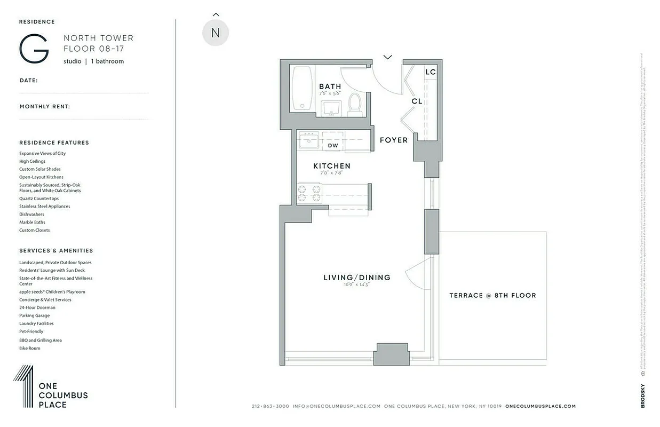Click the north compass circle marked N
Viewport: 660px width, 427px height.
point(216,33)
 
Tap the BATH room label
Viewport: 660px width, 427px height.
point(330,86)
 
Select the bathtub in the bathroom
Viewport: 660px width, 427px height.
point(303,89)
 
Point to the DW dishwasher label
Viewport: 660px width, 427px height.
point(332,145)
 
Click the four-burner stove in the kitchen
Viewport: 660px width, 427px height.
point(309,193)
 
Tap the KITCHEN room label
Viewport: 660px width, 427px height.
point(331,166)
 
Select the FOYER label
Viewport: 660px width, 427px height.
point(393,140)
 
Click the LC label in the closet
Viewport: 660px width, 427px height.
point(430,72)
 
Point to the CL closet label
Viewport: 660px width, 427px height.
point(417,101)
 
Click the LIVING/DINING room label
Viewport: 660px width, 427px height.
point(356,278)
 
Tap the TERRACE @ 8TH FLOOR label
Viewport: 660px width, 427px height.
point(492,295)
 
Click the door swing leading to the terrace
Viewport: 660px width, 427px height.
point(417,273)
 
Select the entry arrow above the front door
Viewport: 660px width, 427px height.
point(387,57)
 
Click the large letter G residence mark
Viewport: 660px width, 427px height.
point(34,49)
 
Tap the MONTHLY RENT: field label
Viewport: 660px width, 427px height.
point(45,107)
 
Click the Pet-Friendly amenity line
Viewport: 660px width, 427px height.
point(31,331)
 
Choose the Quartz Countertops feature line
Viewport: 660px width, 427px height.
point(39,199)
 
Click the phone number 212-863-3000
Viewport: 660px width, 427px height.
point(270,406)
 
